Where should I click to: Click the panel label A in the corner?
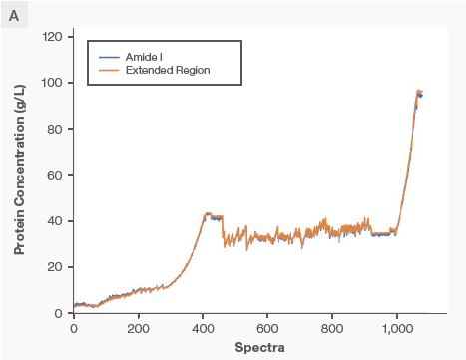14,14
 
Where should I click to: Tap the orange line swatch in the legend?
109,71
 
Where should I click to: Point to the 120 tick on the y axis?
53,37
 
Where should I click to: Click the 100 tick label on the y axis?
53,83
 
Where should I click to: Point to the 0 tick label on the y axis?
59,313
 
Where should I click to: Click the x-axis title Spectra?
259,347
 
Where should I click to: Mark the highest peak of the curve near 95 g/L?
419,92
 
